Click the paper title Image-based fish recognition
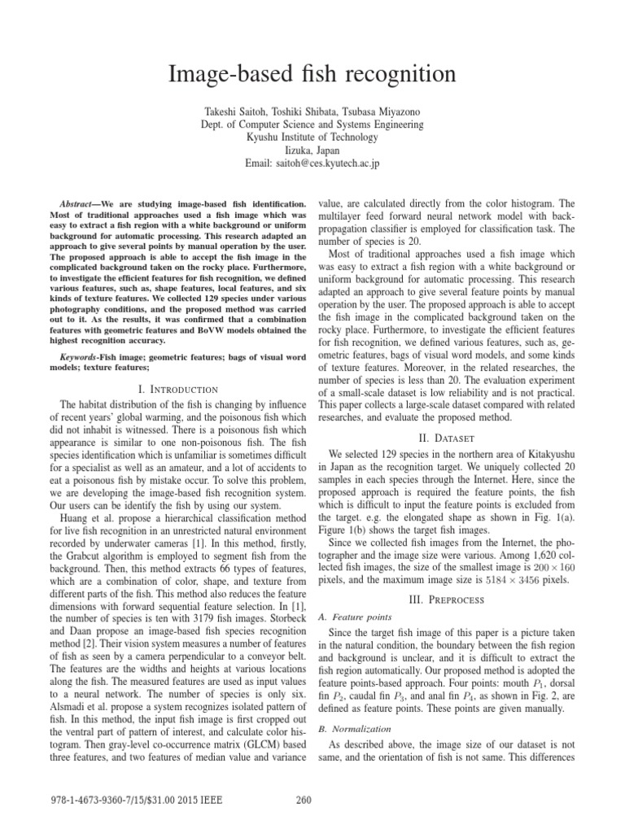coord(312,76)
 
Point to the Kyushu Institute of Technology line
coord(312,137)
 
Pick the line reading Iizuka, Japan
coord(312,150)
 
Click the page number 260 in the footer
coord(305,798)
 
